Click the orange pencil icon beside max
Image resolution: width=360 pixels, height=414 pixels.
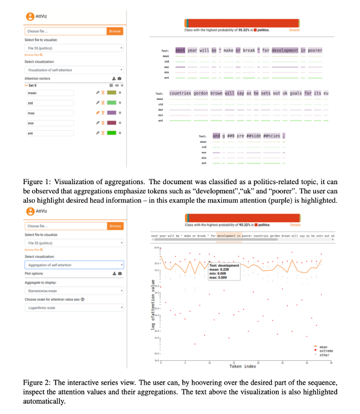(x=97, y=113)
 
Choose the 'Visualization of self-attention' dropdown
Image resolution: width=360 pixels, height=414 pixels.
(x=74, y=70)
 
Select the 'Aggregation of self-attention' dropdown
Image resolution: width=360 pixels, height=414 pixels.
(x=74, y=265)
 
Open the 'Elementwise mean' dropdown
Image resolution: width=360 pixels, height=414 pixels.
(x=74, y=291)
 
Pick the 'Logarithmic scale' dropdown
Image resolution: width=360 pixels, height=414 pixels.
(x=74, y=308)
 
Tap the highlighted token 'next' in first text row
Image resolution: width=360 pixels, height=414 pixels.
(x=180, y=51)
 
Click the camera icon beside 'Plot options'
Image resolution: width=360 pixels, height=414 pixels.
(x=119, y=274)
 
